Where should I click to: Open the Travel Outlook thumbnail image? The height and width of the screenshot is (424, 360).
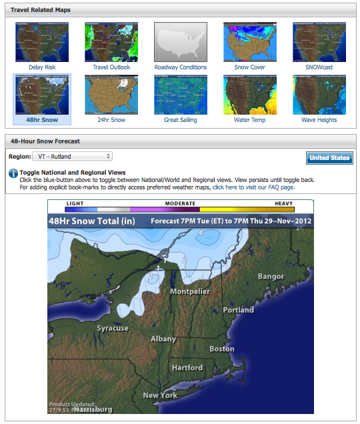pyautogui.click(x=111, y=41)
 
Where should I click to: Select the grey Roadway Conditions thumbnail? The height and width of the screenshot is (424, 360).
pyautogui.click(x=181, y=41)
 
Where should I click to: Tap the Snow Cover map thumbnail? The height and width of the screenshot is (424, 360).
pyautogui.click(x=250, y=41)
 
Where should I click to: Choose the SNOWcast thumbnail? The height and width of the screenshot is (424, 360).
pyautogui.click(x=319, y=41)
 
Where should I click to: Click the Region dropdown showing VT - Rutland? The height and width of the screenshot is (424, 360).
pyautogui.click(x=72, y=157)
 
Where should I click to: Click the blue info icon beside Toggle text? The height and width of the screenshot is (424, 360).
pyautogui.click(x=13, y=173)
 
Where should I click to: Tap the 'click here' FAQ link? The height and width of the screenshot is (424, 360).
pyautogui.click(x=227, y=187)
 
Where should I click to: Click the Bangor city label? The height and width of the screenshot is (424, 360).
pyautogui.click(x=271, y=276)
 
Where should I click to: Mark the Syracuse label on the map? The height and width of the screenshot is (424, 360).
pyautogui.click(x=112, y=328)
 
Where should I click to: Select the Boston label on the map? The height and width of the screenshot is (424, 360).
pyautogui.click(x=221, y=349)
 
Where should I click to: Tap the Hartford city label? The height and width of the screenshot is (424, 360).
pyautogui.click(x=187, y=367)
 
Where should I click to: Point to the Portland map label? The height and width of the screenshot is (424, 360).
pyautogui.click(x=238, y=310)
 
